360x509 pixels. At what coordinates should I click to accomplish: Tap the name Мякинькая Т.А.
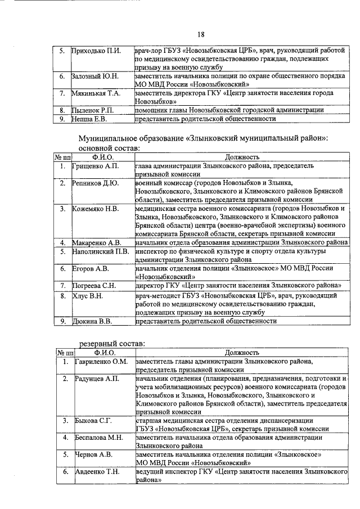click(x=97, y=93)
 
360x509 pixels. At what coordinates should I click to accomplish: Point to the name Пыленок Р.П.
click(x=94, y=110)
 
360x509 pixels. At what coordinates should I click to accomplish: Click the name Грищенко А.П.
click(x=95, y=166)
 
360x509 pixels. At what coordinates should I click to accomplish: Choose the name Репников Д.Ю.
click(x=95, y=183)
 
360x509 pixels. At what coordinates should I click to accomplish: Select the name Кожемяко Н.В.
click(x=95, y=209)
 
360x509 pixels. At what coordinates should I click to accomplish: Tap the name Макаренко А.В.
click(x=96, y=242)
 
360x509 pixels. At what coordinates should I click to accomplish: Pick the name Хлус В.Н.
click(x=88, y=295)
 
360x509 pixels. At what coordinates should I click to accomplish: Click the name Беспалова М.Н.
click(x=99, y=438)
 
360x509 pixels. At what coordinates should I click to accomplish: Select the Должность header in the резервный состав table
click(x=241, y=352)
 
